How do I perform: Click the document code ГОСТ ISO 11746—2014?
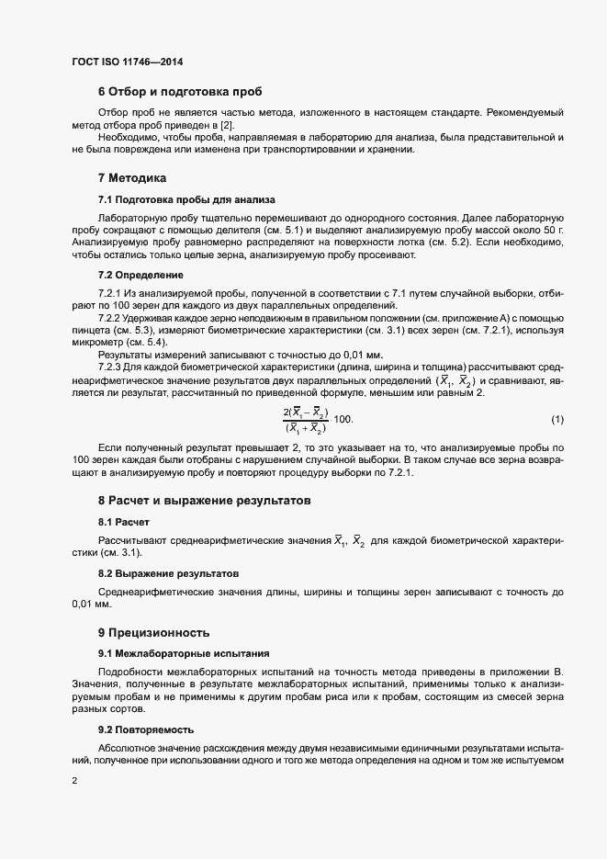coord(132,62)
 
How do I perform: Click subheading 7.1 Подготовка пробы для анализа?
coord(183,199)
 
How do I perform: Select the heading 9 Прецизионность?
coord(154,632)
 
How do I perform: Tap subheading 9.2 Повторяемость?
coord(145,729)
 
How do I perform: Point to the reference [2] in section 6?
coord(225,124)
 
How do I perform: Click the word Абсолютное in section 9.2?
coord(129,750)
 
